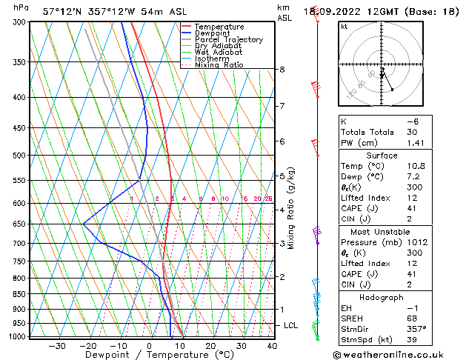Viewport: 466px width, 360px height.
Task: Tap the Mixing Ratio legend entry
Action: pos(219,65)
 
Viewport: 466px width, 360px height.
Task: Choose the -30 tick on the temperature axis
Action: pos(57,346)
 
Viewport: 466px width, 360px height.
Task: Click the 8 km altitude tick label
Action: pos(282,70)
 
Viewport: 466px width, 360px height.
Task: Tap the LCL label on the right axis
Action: pos(291,325)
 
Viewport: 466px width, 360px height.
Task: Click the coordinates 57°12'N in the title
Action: pos(64,11)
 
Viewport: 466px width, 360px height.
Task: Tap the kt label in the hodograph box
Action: pos(344,27)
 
